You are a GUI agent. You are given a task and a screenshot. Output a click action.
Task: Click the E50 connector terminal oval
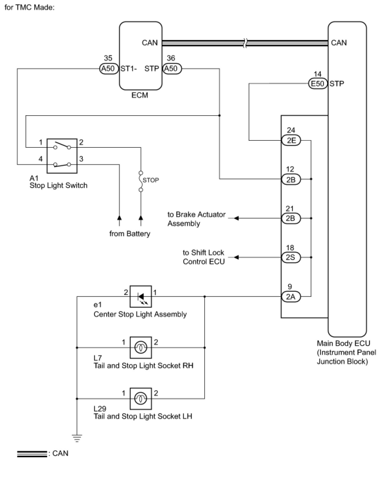point(318,84)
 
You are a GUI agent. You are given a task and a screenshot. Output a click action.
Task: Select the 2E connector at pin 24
point(291,140)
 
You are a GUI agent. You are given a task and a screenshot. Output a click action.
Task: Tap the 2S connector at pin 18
point(291,257)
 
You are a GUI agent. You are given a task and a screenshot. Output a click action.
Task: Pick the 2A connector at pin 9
point(291,297)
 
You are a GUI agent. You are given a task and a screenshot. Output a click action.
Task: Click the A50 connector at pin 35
point(108,68)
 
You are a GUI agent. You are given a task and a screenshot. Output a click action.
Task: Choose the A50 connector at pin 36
point(172,68)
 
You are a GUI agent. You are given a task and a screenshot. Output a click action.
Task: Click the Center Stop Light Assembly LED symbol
point(141,296)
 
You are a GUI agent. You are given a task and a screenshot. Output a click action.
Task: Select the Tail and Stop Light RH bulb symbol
point(141,347)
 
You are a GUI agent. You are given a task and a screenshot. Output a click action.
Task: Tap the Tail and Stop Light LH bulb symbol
point(141,398)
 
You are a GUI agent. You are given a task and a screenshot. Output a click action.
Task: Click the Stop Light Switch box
point(62,156)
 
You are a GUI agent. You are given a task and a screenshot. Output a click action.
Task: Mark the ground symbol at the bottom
point(77,438)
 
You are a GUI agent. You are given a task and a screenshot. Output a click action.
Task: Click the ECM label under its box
point(140,95)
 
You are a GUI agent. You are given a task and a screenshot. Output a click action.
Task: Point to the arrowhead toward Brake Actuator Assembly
point(236,218)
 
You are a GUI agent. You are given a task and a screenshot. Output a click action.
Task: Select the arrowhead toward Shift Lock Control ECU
point(236,257)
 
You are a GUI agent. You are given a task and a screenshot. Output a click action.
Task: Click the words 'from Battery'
point(130,234)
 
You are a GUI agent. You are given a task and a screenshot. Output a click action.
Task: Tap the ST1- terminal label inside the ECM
point(129,68)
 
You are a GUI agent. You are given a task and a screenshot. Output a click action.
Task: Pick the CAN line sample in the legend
point(32,454)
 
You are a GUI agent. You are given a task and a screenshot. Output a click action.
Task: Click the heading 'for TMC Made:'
point(29,7)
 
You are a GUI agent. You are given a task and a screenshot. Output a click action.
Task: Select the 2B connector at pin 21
point(291,218)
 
